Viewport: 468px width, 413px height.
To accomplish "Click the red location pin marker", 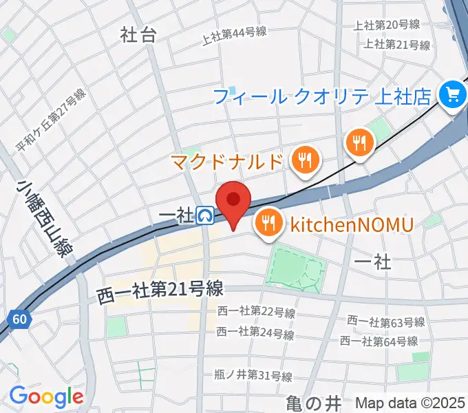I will point(233,202).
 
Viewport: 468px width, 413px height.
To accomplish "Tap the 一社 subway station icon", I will point(205,216).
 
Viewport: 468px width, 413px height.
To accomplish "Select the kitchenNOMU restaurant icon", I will point(267,224).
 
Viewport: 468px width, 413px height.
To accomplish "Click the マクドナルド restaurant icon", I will point(304,162).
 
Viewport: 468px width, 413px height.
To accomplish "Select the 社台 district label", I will point(138,35).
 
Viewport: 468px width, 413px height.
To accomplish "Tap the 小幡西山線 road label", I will point(46,217).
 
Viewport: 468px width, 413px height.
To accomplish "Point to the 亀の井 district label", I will point(313,403).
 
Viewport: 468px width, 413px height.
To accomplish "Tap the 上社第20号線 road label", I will point(386,25).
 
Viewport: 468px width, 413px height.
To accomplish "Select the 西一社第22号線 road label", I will point(255,313).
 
